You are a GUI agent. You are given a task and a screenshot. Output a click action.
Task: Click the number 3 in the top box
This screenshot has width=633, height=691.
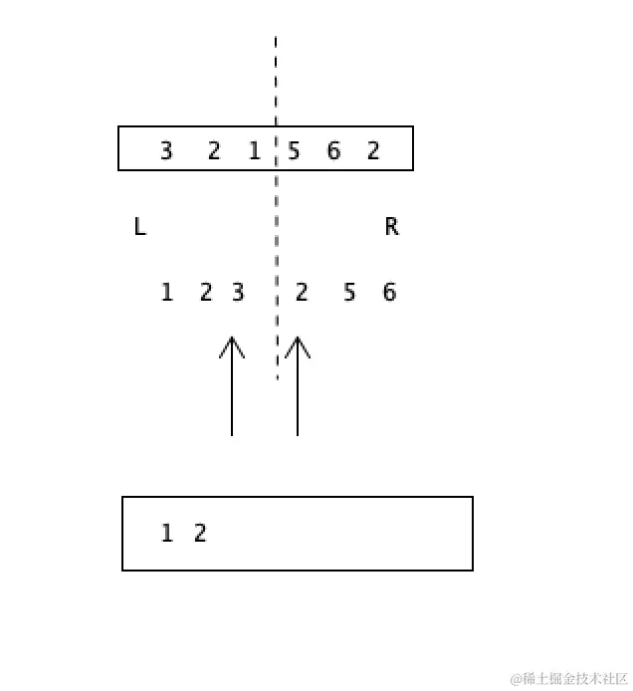[166, 150]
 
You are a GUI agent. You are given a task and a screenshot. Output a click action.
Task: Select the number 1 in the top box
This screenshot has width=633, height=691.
[254, 150]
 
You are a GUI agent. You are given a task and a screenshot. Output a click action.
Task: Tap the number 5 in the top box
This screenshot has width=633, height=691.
[294, 150]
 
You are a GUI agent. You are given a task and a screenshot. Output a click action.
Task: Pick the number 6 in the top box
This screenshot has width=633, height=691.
[333, 150]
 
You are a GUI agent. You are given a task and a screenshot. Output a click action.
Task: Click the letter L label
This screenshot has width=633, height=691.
[139, 227]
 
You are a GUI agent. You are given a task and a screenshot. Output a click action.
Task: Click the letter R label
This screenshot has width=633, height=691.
[391, 227]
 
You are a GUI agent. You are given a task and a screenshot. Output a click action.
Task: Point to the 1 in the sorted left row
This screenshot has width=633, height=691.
[166, 293]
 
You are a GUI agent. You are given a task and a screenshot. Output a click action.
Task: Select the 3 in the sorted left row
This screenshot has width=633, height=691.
[238, 293]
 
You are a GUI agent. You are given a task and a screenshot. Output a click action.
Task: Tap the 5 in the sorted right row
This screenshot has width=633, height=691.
[349, 293]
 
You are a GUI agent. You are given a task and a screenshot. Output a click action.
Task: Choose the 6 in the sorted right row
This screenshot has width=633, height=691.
[389, 293]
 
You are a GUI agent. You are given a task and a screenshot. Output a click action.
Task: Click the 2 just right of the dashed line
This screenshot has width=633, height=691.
[302, 293]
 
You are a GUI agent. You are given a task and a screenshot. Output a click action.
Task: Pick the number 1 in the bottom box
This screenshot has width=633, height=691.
[166, 534]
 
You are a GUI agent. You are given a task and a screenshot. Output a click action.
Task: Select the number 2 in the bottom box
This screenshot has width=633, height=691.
[200, 534]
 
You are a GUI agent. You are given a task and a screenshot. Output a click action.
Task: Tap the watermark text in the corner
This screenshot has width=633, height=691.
[568, 679]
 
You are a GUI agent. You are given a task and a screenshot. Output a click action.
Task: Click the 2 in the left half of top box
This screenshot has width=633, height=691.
[214, 150]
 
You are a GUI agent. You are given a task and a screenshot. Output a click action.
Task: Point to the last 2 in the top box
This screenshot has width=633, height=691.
[373, 150]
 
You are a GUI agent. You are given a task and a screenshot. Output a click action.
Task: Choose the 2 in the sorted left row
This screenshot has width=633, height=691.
[206, 293]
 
